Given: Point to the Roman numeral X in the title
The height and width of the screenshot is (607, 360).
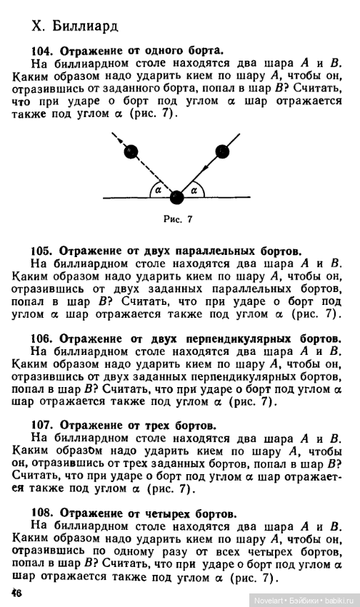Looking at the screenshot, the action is click(x=38, y=26).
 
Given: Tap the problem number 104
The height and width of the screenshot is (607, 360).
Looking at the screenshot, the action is click(x=41, y=51).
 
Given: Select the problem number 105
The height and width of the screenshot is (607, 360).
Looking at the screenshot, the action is click(x=41, y=251).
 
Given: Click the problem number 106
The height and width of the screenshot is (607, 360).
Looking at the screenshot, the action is click(x=41, y=338).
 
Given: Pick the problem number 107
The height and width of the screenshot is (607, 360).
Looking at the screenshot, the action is click(x=41, y=426).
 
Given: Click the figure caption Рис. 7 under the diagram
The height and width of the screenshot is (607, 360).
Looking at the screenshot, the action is click(x=178, y=219).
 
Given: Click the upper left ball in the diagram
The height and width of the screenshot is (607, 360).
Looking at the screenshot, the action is click(x=131, y=151).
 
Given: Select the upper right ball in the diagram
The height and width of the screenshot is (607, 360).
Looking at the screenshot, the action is click(x=222, y=151).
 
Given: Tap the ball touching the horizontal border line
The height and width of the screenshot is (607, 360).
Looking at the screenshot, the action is click(x=176, y=196).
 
